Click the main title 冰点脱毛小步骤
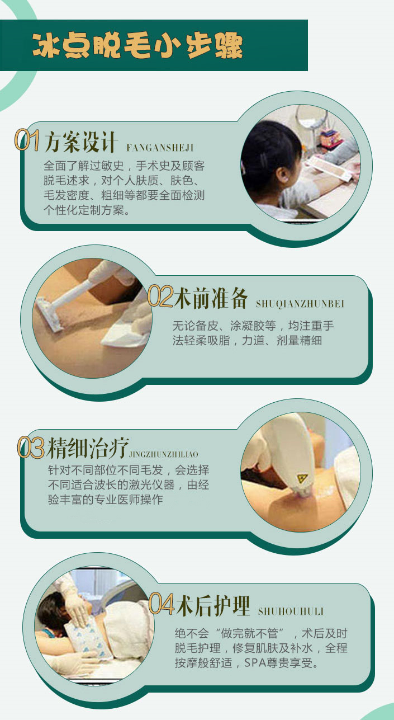(x=137, y=46)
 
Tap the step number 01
(x=27, y=140)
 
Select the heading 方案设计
(x=80, y=142)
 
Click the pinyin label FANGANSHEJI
(x=160, y=148)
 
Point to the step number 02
(x=160, y=296)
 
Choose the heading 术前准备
(x=211, y=298)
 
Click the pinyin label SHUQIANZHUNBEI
(x=300, y=304)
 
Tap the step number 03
(x=31, y=448)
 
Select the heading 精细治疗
(x=87, y=448)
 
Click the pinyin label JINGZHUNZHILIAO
(x=163, y=454)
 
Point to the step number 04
(x=162, y=603)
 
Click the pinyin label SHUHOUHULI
(x=291, y=611)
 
